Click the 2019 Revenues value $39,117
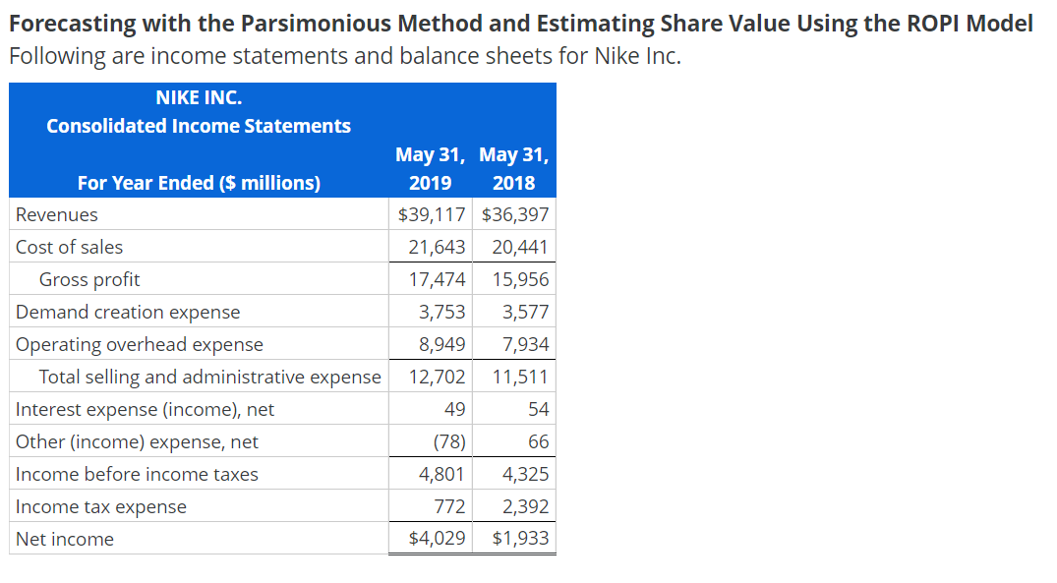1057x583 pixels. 432,214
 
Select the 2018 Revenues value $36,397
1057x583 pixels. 515,214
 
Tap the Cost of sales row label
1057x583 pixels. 70,247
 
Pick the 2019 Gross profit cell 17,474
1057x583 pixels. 438,279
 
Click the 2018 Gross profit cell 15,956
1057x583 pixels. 520,279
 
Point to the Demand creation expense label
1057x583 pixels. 128,312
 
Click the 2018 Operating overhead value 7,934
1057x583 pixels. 525,344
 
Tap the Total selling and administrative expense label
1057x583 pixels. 209,377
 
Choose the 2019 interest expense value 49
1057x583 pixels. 455,409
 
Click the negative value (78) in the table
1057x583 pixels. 449,441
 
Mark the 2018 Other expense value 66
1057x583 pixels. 539,441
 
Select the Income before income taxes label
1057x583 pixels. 137,474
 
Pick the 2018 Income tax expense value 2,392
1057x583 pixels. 525,506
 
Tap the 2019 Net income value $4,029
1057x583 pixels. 438,539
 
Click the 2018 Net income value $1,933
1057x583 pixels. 520,539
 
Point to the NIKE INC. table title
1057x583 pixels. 199,97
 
